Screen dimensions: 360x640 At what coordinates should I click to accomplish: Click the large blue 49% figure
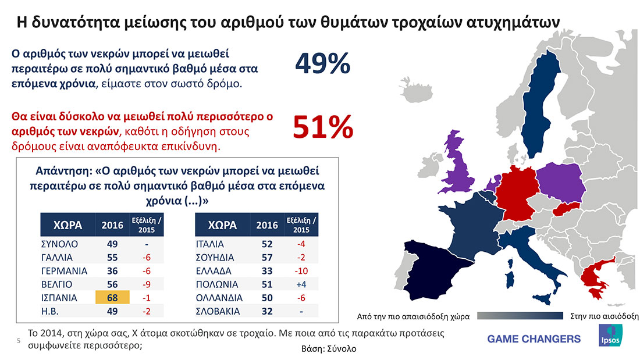tap(323, 63)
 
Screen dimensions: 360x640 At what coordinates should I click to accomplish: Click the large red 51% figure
tap(323, 127)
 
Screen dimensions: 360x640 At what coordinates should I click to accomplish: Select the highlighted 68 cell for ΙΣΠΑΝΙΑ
tap(112, 297)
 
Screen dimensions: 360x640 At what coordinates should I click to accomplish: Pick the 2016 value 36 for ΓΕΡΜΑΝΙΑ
tap(112, 270)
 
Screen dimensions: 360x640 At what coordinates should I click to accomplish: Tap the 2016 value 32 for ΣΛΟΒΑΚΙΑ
tap(267, 311)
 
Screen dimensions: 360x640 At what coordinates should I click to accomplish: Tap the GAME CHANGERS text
tap(534, 338)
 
